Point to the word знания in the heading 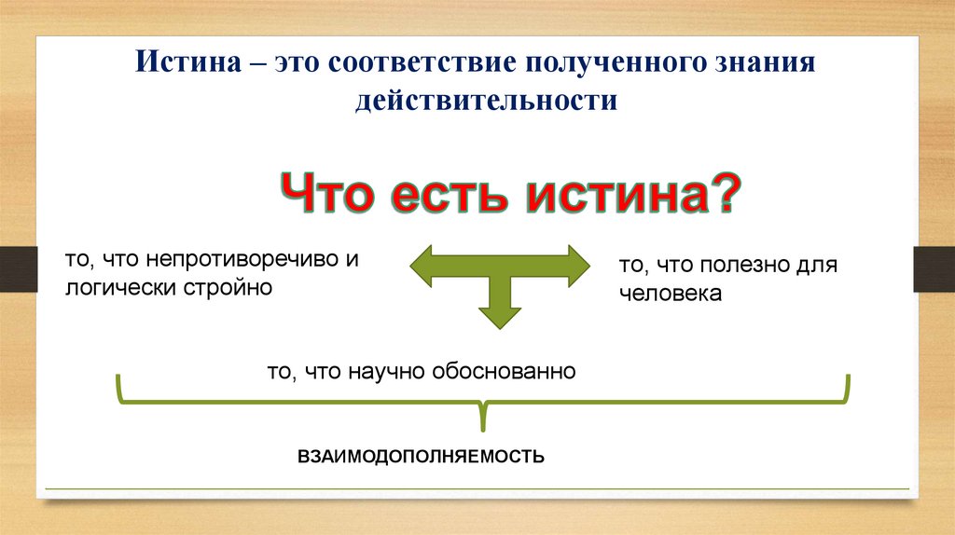coord(766,64)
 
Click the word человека coord(670,294)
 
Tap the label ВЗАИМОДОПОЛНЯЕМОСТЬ coord(420,458)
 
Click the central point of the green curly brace coord(482,410)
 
